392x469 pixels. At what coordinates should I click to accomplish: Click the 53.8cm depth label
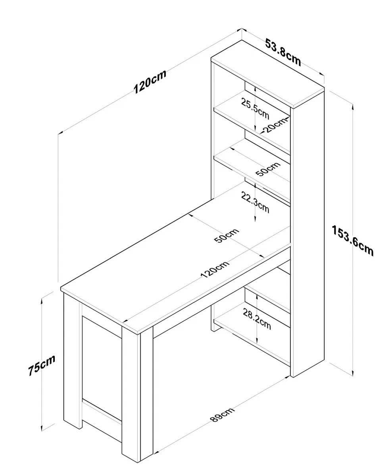[283, 52]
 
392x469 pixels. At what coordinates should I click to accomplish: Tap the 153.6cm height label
[353, 240]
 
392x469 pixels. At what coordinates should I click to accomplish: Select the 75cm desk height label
[41, 365]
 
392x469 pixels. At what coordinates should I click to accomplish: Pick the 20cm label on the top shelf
[275, 125]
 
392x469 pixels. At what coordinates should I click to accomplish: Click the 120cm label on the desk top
[215, 270]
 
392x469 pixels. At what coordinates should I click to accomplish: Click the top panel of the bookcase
[268, 74]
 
